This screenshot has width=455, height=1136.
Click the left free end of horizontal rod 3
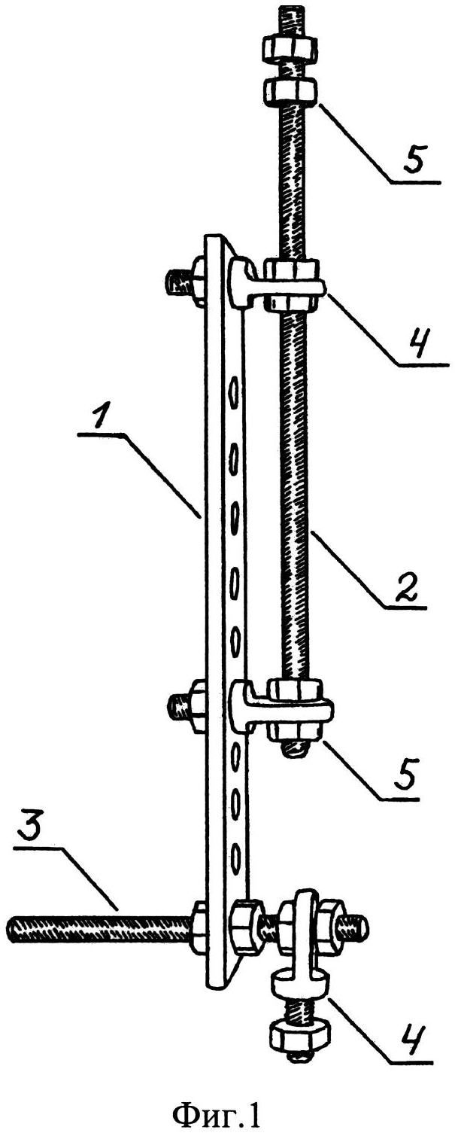tap(12, 927)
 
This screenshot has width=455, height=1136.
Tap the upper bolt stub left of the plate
tap(174, 282)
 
